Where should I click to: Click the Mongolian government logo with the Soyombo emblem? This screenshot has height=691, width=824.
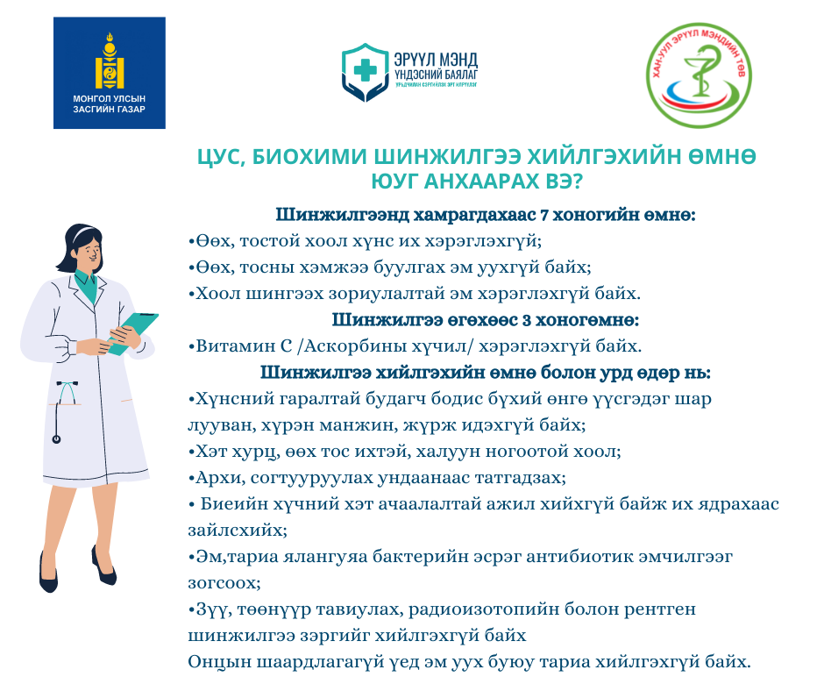pyautogui.click(x=110, y=73)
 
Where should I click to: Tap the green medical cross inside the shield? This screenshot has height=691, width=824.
pyautogui.click(x=366, y=70)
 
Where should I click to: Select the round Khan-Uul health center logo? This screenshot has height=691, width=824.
pyautogui.click(x=699, y=75)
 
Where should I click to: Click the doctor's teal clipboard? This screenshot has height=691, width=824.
pyautogui.click(x=132, y=332)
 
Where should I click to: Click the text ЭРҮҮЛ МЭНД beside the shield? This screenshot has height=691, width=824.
pyautogui.click(x=437, y=60)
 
